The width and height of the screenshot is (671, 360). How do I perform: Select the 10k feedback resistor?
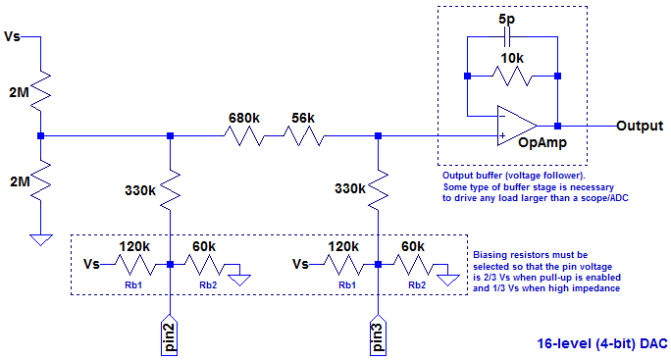(x=512, y=77)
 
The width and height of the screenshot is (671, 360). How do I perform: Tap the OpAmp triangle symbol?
(x=516, y=126)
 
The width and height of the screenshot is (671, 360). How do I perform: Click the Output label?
(x=641, y=127)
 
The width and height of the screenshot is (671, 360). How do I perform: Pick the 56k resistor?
(x=303, y=135)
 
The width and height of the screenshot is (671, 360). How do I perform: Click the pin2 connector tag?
(x=170, y=334)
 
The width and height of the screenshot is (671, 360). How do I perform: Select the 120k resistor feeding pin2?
(x=135, y=264)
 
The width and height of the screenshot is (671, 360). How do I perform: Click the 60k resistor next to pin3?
(x=412, y=264)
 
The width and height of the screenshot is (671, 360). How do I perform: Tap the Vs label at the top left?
(x=13, y=37)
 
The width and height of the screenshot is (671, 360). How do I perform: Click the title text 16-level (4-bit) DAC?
(x=601, y=344)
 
